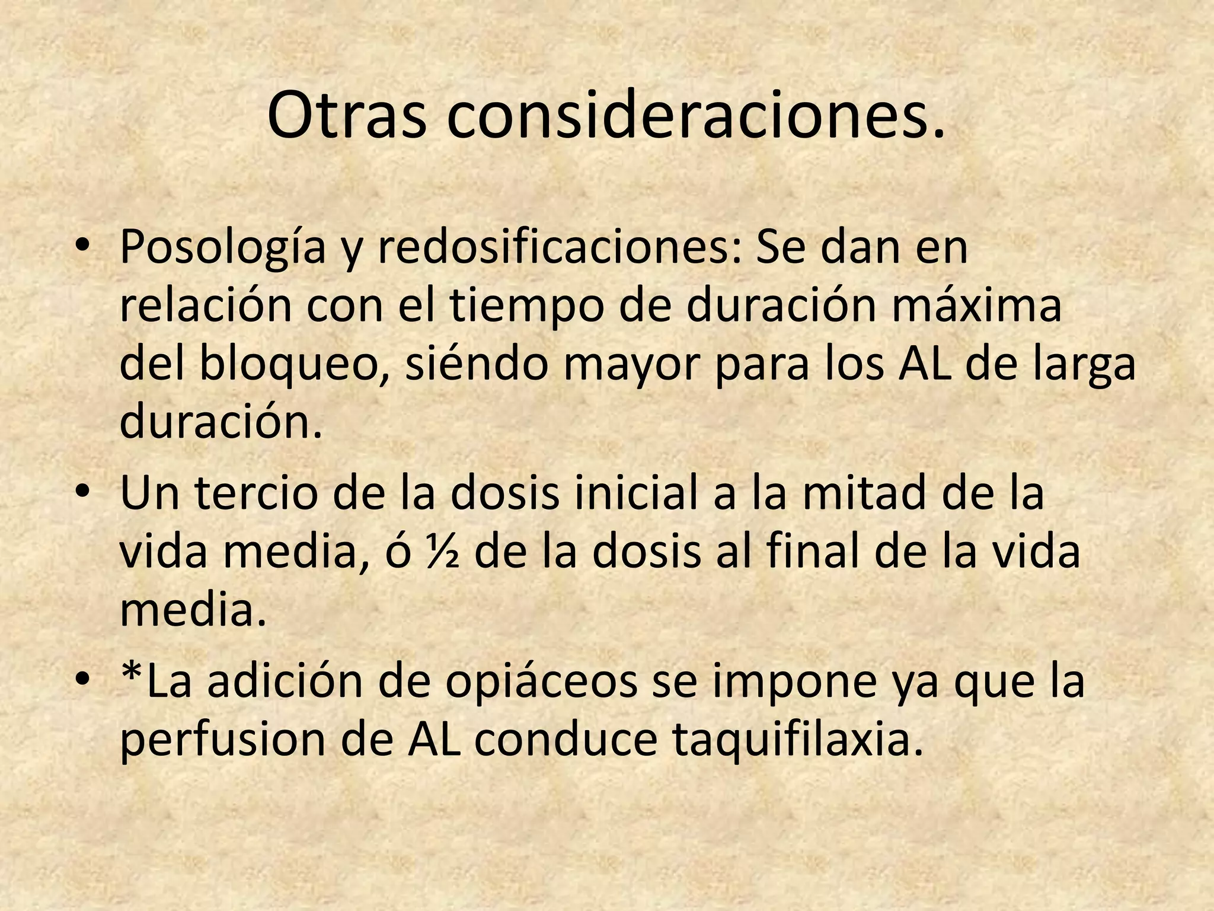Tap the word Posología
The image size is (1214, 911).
point(223,248)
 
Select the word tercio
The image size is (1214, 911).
point(256,493)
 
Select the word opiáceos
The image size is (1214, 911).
point(541,682)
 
